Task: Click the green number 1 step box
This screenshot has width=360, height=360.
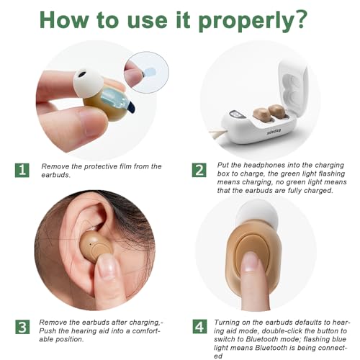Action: (22, 171)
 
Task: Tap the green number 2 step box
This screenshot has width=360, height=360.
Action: (199, 170)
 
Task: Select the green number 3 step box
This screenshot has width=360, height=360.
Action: (22, 327)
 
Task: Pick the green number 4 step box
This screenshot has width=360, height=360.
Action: (199, 326)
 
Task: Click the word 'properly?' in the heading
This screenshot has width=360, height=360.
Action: (253, 21)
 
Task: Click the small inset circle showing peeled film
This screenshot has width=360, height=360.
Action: (146, 72)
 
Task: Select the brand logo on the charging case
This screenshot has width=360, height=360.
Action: (274, 131)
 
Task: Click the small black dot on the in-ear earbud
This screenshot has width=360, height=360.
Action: (90, 244)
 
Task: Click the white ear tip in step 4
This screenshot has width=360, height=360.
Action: (258, 212)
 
